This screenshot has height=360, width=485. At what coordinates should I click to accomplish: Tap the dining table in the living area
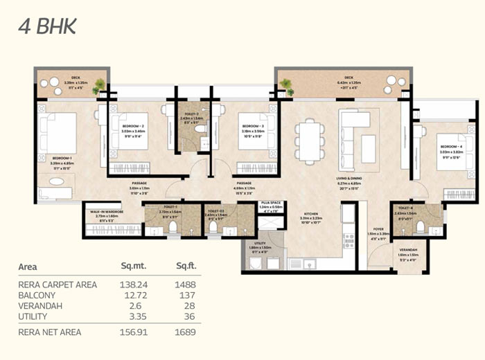click(x=309, y=141)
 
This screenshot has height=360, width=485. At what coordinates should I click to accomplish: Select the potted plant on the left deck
click(x=100, y=87)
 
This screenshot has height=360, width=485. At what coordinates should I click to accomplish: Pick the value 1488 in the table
click(x=186, y=285)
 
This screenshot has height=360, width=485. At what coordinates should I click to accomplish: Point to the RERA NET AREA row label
click(x=49, y=332)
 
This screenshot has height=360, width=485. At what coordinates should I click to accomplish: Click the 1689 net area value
click(x=186, y=332)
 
